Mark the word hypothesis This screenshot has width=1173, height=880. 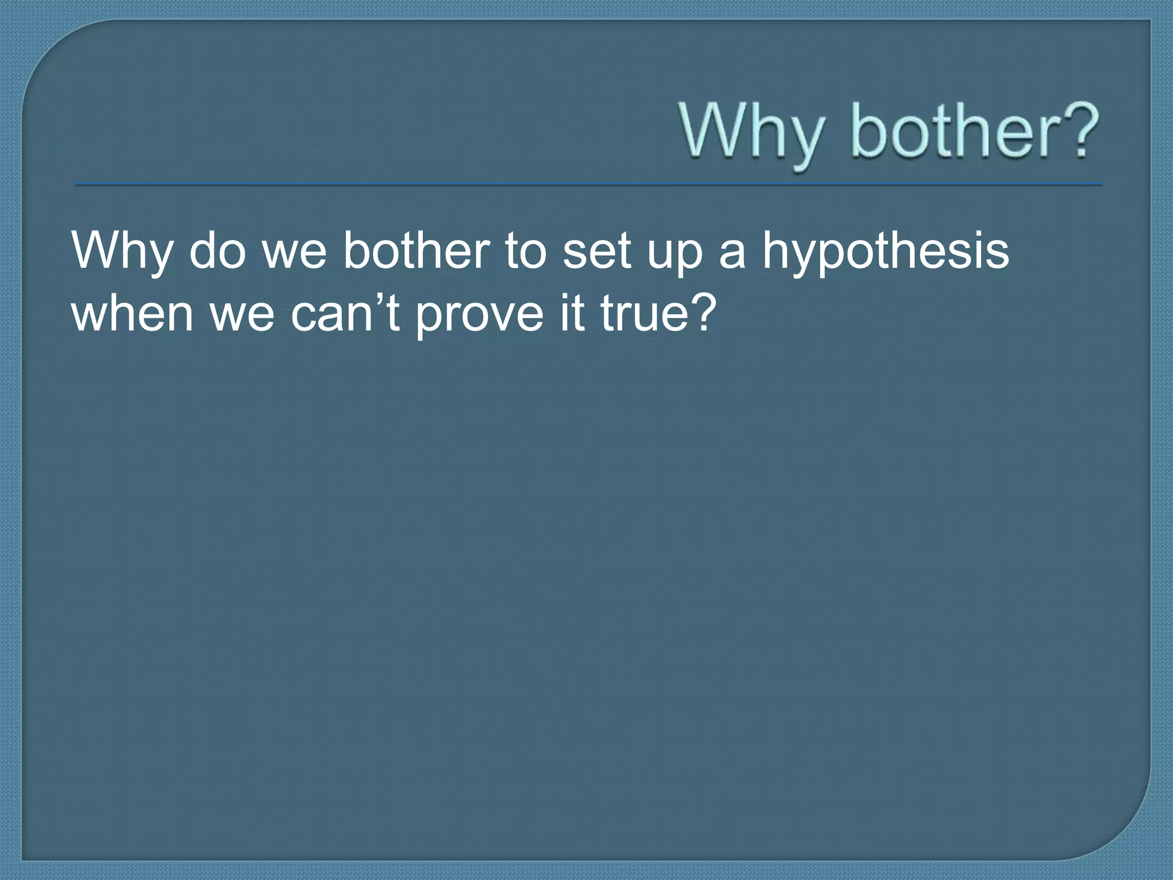tap(885, 253)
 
